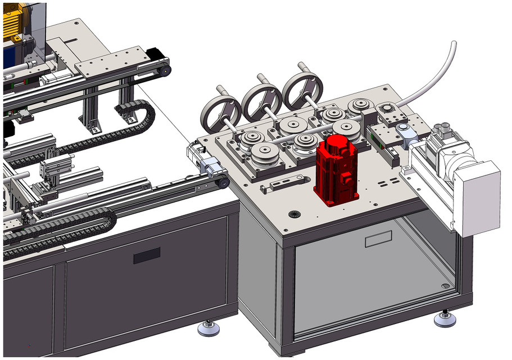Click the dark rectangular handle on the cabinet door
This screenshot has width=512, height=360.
[x=146, y=256]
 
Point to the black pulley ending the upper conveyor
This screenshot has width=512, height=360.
[x=164, y=70]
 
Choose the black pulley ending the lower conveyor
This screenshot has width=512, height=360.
[x=223, y=182]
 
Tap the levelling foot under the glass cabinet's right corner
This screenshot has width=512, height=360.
[x=447, y=319]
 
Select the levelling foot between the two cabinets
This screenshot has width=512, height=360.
[x=209, y=328]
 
